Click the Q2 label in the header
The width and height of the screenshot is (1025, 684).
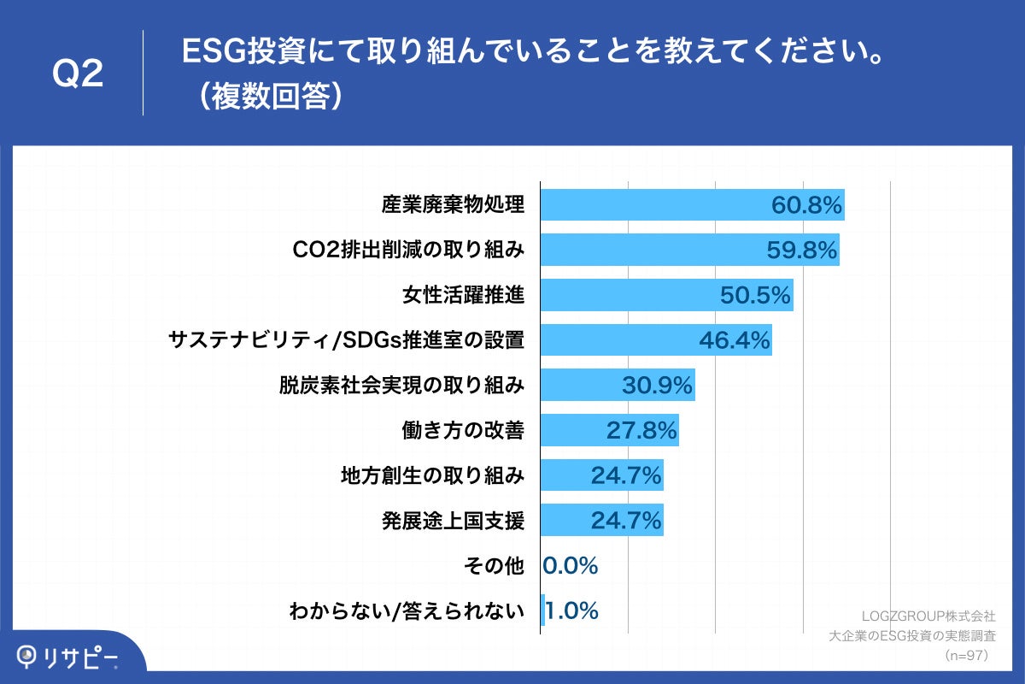click(x=78, y=74)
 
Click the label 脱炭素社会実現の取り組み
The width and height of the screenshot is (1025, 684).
click(x=401, y=385)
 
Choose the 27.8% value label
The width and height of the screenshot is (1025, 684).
click(x=641, y=430)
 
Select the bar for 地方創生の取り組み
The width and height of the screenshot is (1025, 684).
click(x=601, y=475)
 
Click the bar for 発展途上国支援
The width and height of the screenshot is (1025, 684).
click(x=601, y=520)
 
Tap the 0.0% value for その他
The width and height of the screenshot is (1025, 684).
click(x=571, y=565)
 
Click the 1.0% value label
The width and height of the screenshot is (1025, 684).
click(x=571, y=610)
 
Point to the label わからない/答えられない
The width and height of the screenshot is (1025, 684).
click(x=406, y=610)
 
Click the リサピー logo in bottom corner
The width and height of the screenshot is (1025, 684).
click(x=68, y=656)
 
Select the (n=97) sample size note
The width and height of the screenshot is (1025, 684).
click(x=968, y=656)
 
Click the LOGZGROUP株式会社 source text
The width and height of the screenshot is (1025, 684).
click(x=928, y=615)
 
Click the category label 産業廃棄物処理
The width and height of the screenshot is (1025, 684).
click(x=452, y=205)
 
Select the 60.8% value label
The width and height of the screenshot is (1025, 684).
click(x=806, y=205)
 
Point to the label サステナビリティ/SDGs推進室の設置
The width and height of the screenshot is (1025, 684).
click(x=346, y=339)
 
